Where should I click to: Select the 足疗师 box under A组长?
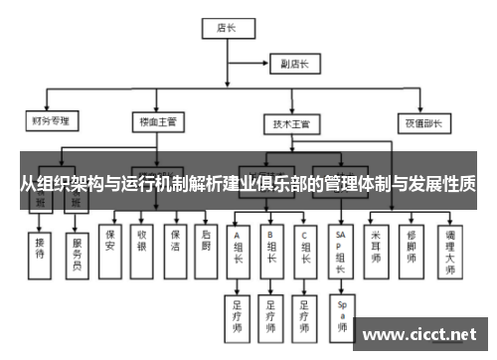[238, 313]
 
